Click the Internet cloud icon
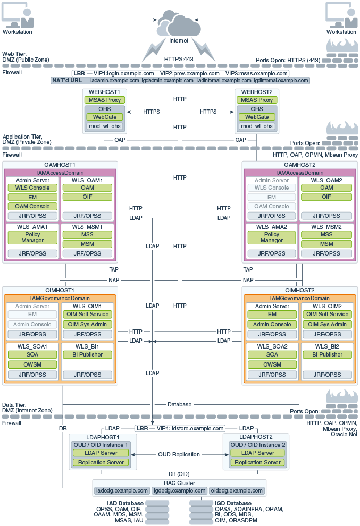tap(178, 23)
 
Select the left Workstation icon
tap(18, 15)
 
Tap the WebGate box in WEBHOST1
tap(105, 117)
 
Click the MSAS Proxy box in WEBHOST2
tap(257, 100)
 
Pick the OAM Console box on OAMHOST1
tap(32, 206)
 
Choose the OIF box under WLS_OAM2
tap(326, 197)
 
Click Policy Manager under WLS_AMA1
tap(32, 237)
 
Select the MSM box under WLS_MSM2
tap(326, 244)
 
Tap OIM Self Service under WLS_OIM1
tap(88, 315)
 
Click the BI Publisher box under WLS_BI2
tap(328, 354)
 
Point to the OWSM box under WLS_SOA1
tap(32, 364)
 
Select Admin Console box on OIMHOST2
tap(272, 325)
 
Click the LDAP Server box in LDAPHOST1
tap(101, 453)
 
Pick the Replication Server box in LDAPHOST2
tap(257, 462)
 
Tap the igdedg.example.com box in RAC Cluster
tap(180, 491)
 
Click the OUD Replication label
tap(179, 455)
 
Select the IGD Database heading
tap(233, 503)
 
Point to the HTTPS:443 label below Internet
tap(179, 59)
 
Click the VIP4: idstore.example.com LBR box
tap(180, 428)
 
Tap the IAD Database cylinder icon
tap(157, 513)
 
